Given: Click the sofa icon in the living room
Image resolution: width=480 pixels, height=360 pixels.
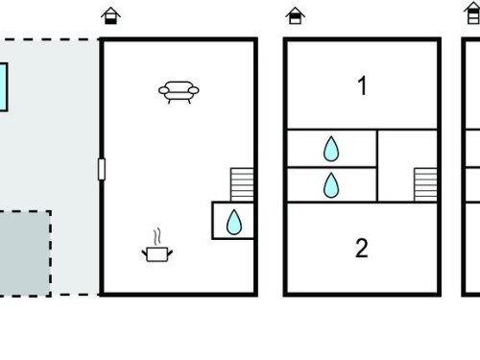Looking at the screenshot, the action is [x=179, y=92].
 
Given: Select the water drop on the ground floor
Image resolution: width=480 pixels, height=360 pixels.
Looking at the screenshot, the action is [x=234, y=222].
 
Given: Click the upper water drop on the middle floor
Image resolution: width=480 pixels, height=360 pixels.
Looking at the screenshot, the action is [x=331, y=149].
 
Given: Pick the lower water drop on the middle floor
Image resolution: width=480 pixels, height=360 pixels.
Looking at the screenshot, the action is [x=331, y=185].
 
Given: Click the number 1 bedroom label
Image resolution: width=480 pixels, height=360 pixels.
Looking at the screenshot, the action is [x=362, y=85].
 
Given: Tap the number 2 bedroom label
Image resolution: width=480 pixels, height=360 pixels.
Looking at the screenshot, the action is [x=362, y=248].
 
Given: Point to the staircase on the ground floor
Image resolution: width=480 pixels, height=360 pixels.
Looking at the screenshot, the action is [x=242, y=184].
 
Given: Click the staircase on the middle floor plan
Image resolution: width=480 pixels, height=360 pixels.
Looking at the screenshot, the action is [x=425, y=184].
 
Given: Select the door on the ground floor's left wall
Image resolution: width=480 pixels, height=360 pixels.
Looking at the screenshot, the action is [x=102, y=169].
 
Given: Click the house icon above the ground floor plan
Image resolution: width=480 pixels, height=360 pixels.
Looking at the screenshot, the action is [x=110, y=15].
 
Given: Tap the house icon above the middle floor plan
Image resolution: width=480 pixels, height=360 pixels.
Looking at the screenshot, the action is [x=295, y=15].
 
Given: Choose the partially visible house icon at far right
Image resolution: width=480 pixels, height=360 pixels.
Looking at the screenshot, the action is [x=472, y=12].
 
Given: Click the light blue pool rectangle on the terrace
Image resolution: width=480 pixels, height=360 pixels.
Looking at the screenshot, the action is [x=3, y=87].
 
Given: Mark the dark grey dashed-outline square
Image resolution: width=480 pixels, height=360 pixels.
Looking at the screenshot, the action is [x=25, y=253].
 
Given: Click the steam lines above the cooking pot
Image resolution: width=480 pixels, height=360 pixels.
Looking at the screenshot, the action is [x=156, y=237].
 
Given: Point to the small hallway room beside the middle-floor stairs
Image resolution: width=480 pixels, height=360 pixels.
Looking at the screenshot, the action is [x=396, y=166].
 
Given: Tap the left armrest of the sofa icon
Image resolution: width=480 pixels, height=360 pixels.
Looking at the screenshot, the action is [x=163, y=91].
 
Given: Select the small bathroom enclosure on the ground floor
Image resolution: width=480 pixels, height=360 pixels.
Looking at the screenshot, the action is [x=232, y=221].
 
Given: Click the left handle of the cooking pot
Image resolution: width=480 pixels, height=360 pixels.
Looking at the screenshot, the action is [x=144, y=253].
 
